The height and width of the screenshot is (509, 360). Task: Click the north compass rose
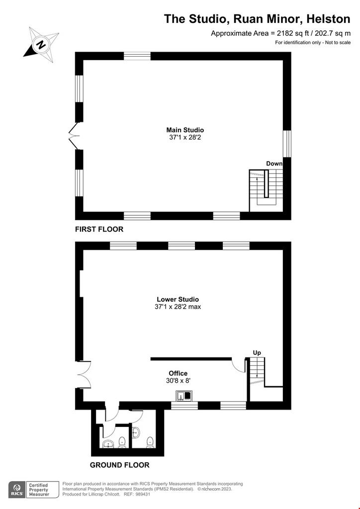tap(41, 44)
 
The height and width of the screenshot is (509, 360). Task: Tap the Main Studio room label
tap(185, 130)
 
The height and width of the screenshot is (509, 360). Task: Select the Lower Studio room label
tap(178, 299)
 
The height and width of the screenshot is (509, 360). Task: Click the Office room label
tap(178, 373)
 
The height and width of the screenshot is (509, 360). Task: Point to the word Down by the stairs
tap(274, 164)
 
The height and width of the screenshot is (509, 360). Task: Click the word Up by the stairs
tap(257, 353)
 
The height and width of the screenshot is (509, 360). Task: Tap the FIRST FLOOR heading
tap(99, 229)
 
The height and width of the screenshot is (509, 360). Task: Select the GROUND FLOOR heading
tap(119, 465)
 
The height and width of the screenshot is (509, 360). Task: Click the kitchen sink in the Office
tap(184, 396)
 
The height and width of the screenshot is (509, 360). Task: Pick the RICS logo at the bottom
tap(17, 490)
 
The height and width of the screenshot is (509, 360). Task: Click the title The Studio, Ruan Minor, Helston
tap(257, 19)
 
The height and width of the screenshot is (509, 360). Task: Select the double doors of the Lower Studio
tap(84, 374)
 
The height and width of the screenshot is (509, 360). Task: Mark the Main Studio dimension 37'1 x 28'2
tap(185, 137)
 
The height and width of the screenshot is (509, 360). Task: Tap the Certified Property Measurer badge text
tap(39, 490)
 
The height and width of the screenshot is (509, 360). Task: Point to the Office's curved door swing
tap(239, 365)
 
